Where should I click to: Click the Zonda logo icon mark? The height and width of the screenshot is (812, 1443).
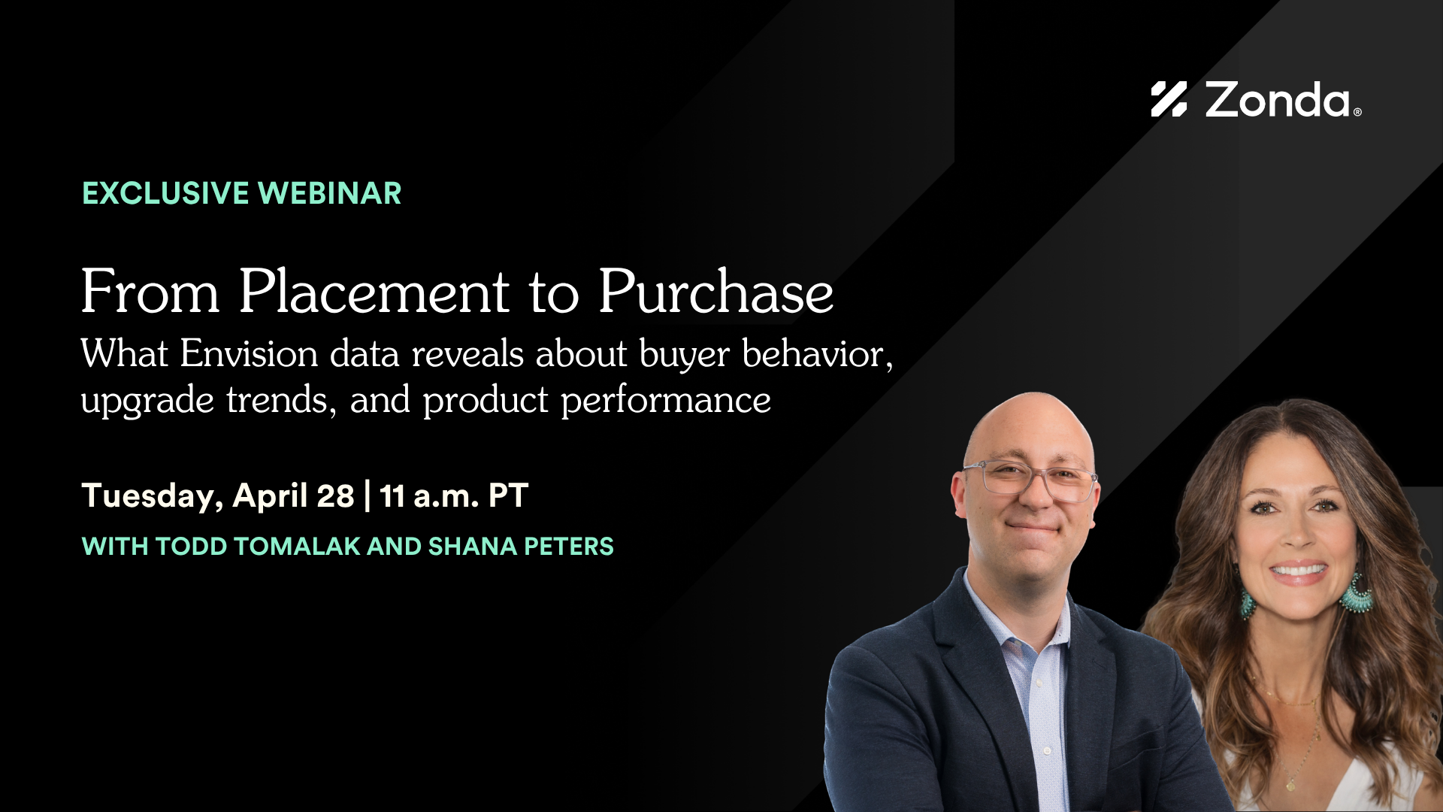click(x=1168, y=99)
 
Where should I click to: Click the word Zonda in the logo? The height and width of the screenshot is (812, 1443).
click(x=1278, y=101)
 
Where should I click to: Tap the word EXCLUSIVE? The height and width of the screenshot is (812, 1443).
click(x=165, y=194)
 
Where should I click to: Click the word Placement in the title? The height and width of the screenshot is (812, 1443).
click(x=374, y=292)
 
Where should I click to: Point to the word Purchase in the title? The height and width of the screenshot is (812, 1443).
click(x=715, y=292)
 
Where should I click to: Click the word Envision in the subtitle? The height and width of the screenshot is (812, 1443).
click(x=249, y=353)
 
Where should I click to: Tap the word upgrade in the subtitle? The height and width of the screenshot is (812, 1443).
click(x=147, y=400)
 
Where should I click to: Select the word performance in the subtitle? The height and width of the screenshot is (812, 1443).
click(x=666, y=400)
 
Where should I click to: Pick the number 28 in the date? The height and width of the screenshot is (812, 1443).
click(x=335, y=496)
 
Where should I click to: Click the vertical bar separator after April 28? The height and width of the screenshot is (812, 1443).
click(x=367, y=496)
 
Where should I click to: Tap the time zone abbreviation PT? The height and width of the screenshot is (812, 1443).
click(x=508, y=496)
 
